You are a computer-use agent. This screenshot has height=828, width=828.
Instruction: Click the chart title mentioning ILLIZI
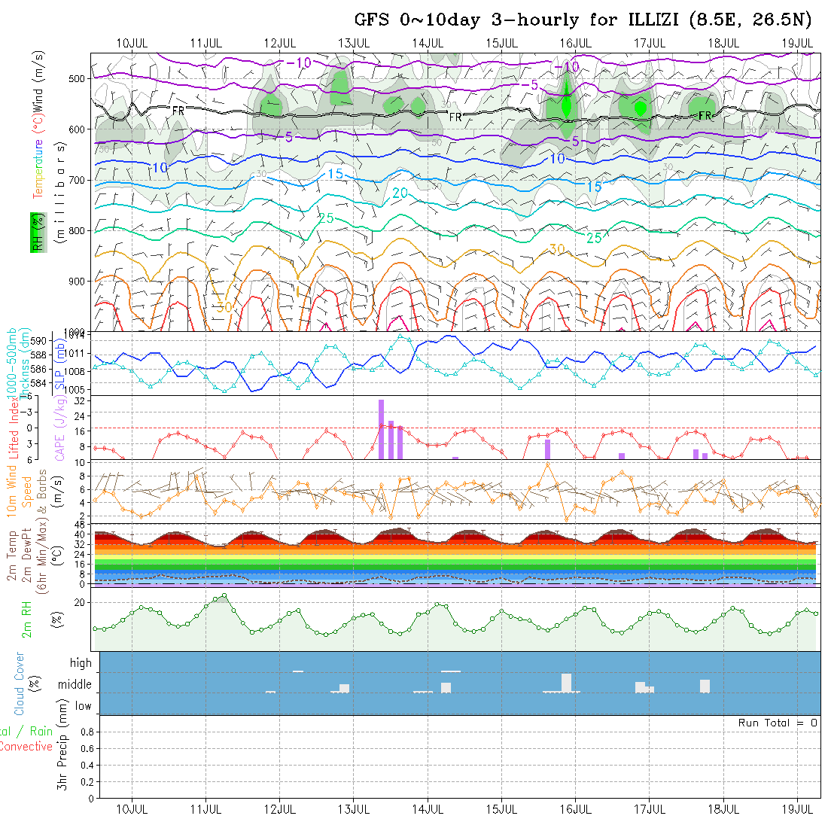[583, 20]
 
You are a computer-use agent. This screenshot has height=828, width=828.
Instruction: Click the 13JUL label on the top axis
[353, 42]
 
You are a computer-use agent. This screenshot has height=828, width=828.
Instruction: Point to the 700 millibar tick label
[78, 180]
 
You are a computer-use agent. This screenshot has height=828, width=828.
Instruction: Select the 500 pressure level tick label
[78, 78]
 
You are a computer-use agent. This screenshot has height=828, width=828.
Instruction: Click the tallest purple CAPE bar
[382, 429]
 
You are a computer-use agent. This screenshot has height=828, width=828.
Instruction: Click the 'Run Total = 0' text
[778, 723]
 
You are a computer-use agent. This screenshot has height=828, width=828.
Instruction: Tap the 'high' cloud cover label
[81, 663]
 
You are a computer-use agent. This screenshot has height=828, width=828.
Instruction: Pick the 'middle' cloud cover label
[75, 685]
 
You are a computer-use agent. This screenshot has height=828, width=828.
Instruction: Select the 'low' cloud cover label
[83, 706]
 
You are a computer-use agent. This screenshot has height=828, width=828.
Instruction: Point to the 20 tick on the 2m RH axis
[79, 602]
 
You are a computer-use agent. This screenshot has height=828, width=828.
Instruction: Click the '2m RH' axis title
[27, 618]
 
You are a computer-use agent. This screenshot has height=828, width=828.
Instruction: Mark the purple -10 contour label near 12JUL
[300, 62]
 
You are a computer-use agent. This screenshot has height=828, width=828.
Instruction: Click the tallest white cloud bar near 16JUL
[566, 682]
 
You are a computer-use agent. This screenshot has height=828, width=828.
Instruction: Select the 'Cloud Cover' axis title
[20, 683]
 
